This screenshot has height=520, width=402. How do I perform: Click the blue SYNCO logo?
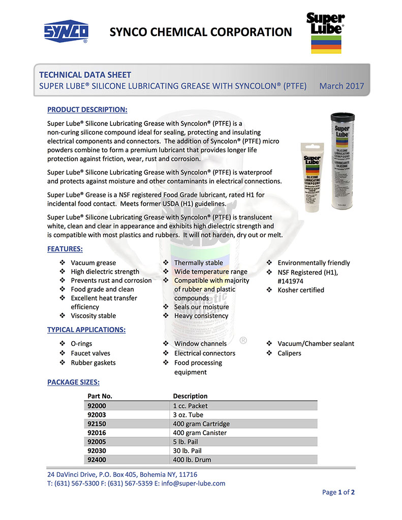[66, 32]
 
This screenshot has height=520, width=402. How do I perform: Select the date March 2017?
[342, 86]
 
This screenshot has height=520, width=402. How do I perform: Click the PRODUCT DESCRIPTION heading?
[87, 109]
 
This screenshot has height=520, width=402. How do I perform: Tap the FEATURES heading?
[65, 249]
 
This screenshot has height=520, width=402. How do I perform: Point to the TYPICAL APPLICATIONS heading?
[86, 330]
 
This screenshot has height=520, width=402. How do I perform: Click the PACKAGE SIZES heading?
[73, 382]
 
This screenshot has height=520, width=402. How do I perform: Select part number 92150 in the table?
[98, 424]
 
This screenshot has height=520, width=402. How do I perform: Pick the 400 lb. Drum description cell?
[192, 460]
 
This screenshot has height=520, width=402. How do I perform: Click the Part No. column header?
[100, 396]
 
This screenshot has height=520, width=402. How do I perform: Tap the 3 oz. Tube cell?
[188, 414]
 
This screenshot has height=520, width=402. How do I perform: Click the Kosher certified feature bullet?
[300, 290]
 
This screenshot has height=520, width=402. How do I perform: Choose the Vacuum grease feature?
[93, 263]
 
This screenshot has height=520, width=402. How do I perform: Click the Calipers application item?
[289, 353]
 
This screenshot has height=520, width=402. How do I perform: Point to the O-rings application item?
[81, 343]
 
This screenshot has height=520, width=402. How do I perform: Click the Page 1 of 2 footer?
[338, 492]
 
